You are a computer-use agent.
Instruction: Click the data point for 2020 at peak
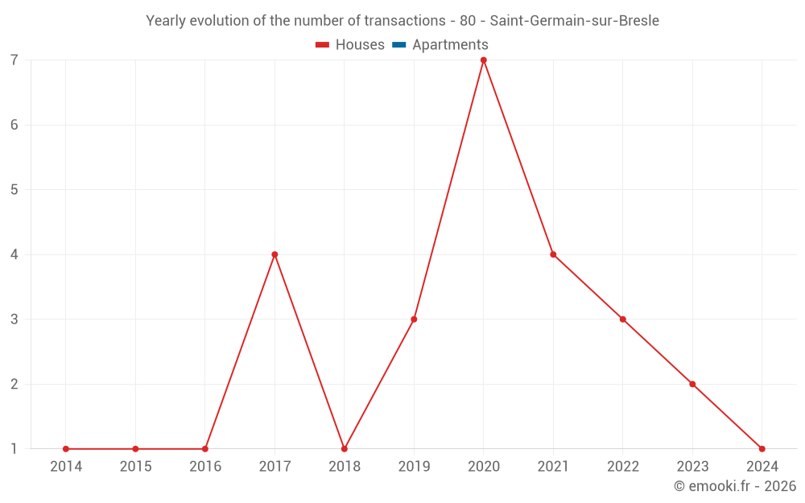click(x=484, y=60)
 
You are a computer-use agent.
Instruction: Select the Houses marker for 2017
click(x=275, y=254)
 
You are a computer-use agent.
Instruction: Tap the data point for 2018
click(x=345, y=448)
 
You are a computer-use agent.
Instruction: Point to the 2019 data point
click(x=414, y=320)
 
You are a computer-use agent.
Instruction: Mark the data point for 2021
click(x=553, y=254)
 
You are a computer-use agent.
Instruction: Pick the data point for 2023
click(x=692, y=384)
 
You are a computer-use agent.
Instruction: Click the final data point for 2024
click(x=762, y=448)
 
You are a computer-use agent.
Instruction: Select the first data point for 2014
click(x=66, y=448)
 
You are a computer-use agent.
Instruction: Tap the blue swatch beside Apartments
click(x=399, y=45)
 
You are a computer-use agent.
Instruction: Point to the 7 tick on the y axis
click(x=14, y=60)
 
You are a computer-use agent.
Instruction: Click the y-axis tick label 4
click(x=14, y=254)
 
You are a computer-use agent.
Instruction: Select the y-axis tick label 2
click(x=14, y=384)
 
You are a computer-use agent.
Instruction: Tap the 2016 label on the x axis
click(x=205, y=467)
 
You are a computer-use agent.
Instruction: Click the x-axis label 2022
click(x=622, y=467)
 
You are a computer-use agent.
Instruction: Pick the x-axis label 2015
click(x=135, y=467)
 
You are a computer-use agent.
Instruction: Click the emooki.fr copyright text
click(x=735, y=486)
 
